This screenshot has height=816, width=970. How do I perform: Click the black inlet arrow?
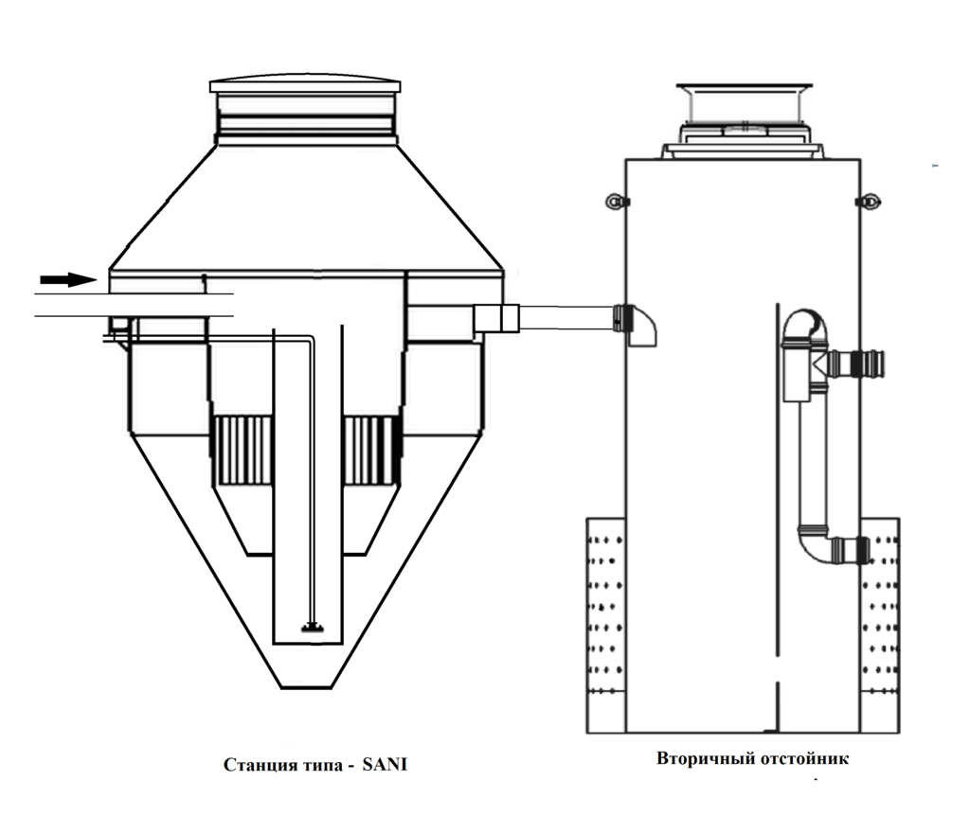point(68,279)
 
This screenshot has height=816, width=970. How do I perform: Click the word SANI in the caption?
point(385,765)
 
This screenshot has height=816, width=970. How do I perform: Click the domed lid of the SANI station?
point(305,84)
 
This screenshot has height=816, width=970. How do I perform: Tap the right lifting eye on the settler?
point(870,202)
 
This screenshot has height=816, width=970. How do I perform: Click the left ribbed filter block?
point(242,450)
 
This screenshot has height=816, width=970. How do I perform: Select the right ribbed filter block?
point(371,450)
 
